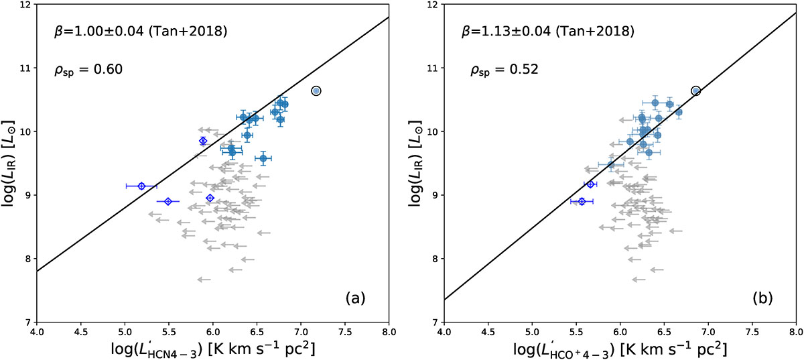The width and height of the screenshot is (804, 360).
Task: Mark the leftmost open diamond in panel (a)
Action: pyautogui.click(x=141, y=186)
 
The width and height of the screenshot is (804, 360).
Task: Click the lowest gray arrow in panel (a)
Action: pyautogui.click(x=204, y=280)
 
